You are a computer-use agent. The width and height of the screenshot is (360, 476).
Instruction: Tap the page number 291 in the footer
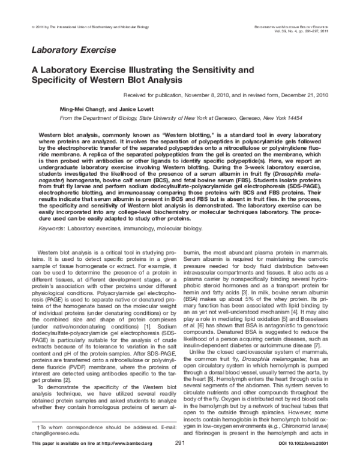179,459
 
